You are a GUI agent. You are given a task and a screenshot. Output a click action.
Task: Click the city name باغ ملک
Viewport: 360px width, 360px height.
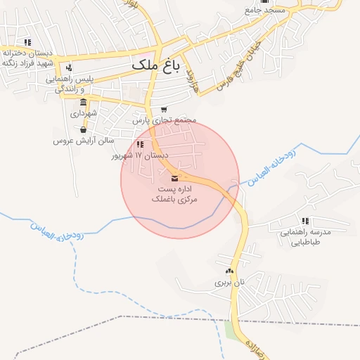point(155,65)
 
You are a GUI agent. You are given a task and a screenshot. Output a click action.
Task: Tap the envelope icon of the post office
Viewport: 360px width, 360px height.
point(174,178)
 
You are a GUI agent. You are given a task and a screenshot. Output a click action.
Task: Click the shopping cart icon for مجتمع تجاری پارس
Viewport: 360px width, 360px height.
point(164,109)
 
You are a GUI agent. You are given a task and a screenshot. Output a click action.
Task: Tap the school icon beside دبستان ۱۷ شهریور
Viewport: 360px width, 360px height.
point(141,144)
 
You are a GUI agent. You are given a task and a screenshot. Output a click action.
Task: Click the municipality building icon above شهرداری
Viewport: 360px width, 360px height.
point(84,102)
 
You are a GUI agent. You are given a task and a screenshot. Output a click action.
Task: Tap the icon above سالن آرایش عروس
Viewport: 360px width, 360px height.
point(84,129)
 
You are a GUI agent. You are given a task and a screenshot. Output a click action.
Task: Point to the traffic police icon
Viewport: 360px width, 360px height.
point(69,68)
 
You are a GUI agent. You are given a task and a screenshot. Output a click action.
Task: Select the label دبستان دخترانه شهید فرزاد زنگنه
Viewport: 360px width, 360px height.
point(29,58)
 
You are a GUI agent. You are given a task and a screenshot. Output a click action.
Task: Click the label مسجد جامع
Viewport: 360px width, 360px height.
point(264,11)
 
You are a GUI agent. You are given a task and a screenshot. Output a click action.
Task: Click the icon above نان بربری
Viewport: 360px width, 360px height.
point(229,271)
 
